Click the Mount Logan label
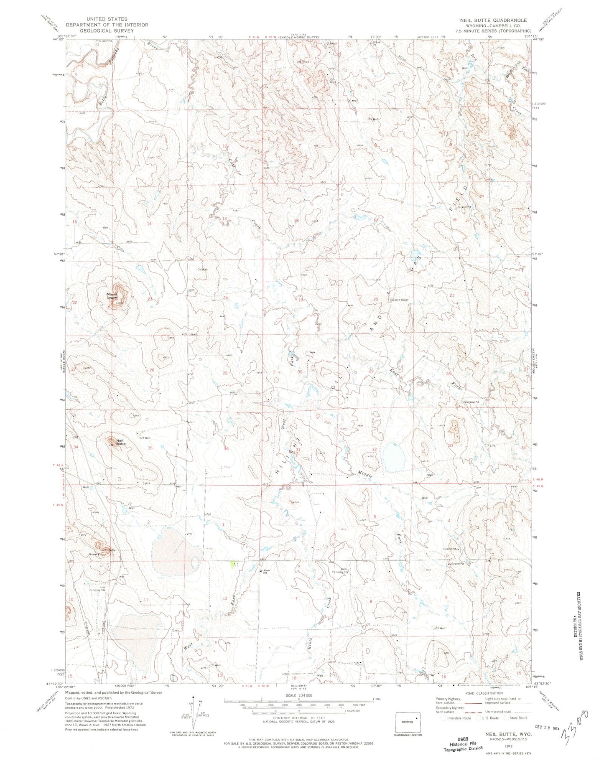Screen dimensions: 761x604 (x=112, y=296)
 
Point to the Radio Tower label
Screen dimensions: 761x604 (x=400, y=300)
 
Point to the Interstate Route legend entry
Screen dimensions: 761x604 (x=457, y=718)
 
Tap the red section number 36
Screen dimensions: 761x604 (x=226, y=449)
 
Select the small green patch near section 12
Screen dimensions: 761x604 (x=233, y=564)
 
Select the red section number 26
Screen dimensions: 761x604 (x=152, y=370)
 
